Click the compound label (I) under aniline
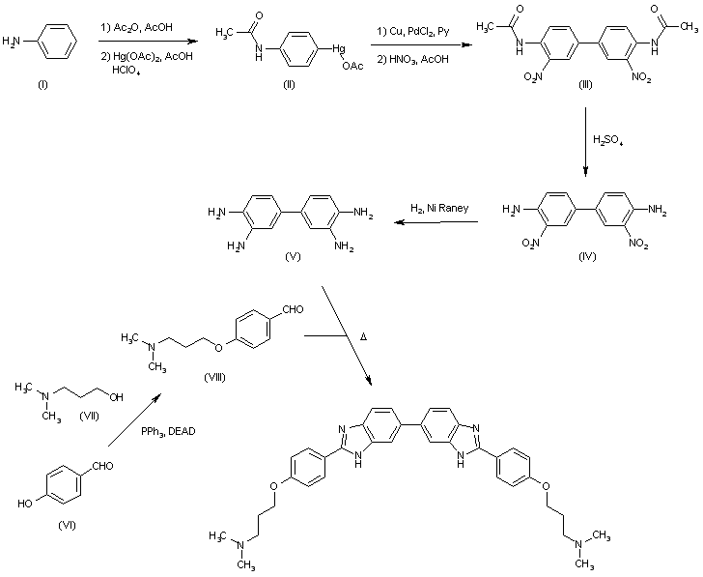[42, 84]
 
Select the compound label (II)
[289, 84]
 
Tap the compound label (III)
[585, 84]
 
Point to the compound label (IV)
[587, 257]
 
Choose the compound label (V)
[293, 257]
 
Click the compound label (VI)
[68, 525]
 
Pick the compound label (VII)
[89, 417]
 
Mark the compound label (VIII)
[214, 378]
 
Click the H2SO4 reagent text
[608, 140]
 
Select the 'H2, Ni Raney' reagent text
[439, 208]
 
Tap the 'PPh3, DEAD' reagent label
[168, 432]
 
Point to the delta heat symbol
[364, 336]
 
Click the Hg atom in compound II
[339, 48]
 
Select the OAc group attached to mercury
[352, 67]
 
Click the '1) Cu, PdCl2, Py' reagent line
[412, 31]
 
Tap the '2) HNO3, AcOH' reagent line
[412, 59]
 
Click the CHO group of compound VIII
[294, 309]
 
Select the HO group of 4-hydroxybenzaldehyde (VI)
[25, 504]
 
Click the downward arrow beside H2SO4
[585, 142]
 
